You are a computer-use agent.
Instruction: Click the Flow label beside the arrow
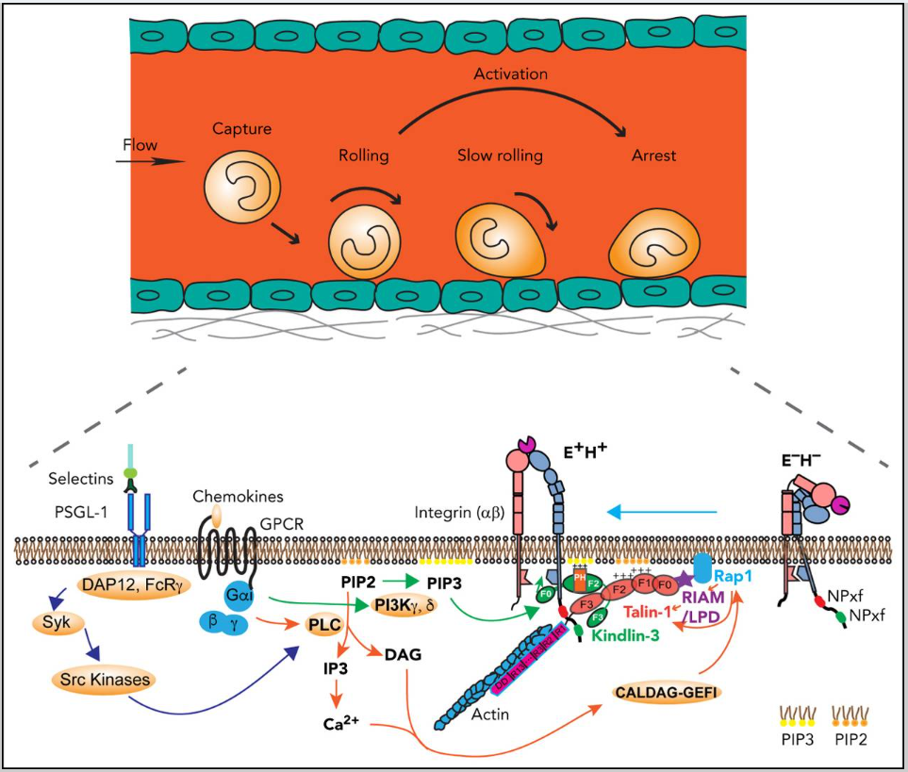[139, 146]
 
